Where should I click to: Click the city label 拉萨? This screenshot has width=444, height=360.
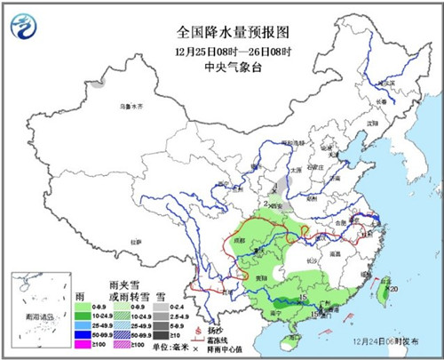coord(135,241)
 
